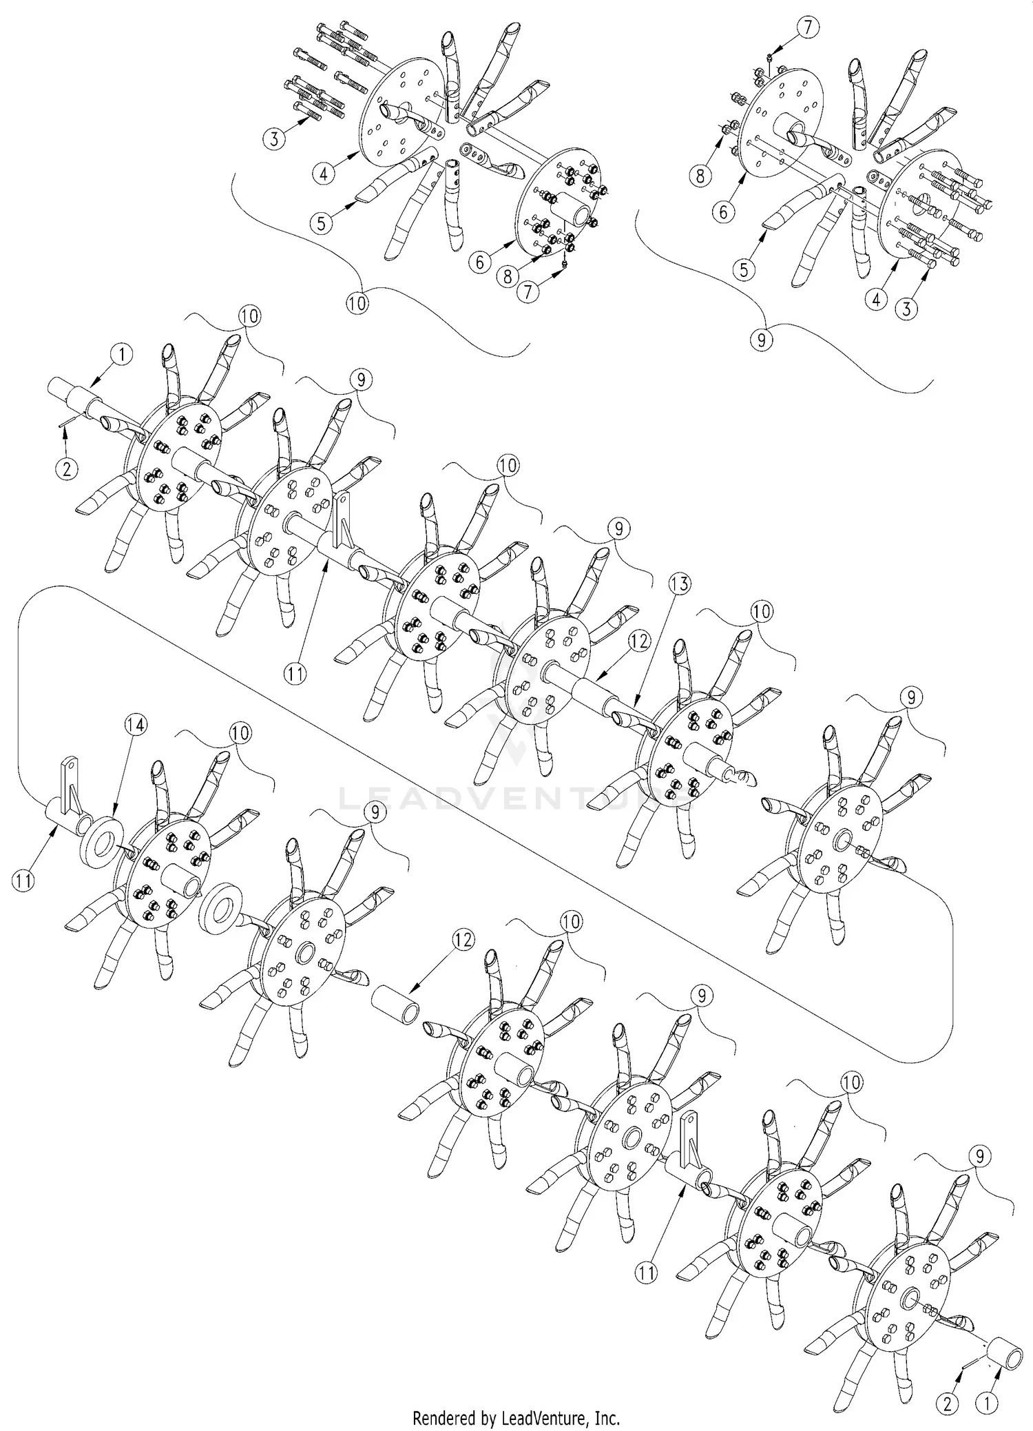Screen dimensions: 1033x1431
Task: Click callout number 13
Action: [679, 585]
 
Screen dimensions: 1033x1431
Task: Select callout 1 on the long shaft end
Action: [121, 355]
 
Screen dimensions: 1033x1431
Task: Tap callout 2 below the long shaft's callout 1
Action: [67, 470]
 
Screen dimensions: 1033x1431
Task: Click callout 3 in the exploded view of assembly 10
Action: [274, 139]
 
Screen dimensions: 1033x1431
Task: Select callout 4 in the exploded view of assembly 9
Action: [876, 300]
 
